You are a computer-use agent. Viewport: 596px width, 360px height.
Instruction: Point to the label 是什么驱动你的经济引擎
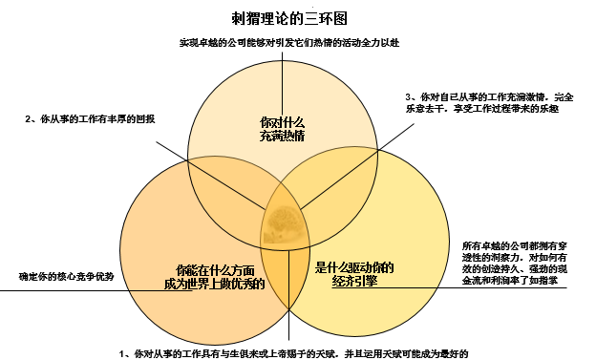click(x=354, y=274)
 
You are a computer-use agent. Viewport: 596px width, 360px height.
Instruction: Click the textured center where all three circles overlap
click(x=287, y=226)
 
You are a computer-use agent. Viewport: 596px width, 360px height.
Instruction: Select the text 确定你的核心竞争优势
click(x=67, y=276)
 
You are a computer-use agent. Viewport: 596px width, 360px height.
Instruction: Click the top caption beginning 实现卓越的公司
click(x=288, y=43)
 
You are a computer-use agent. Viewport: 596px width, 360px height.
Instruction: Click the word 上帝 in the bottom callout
click(x=295, y=353)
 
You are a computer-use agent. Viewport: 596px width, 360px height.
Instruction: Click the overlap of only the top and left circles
click(x=229, y=191)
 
